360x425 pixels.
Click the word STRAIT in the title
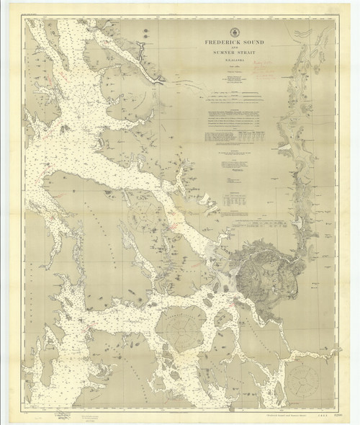(x=248, y=53)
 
